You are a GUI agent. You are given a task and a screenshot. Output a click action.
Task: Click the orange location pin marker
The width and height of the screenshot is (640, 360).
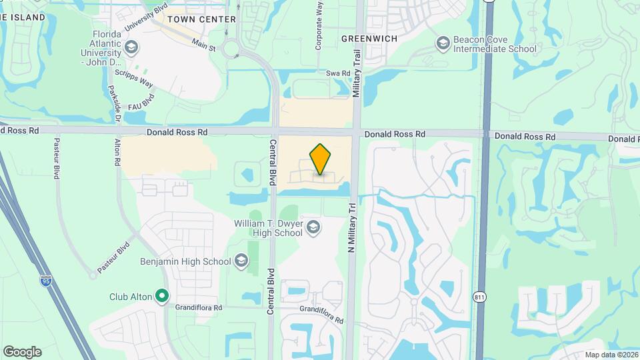(x=321, y=159)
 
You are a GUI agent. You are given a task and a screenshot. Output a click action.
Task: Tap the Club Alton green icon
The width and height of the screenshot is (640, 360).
(x=161, y=295)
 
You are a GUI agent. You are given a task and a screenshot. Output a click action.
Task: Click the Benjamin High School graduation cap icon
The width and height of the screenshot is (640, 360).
(x=241, y=261)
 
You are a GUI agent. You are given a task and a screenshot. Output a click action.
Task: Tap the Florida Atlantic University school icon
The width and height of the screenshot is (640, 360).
(x=131, y=47)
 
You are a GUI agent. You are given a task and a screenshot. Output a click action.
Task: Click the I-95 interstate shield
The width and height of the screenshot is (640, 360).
(x=45, y=281)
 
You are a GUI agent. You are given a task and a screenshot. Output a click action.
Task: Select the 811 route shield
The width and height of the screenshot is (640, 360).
(x=480, y=297)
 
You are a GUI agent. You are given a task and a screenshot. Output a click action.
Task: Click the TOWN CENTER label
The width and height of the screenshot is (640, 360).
(x=201, y=19)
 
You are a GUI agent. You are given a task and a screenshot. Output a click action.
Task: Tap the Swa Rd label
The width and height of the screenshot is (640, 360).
(x=338, y=73)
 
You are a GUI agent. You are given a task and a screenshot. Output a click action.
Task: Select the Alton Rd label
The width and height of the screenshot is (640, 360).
(x=117, y=152)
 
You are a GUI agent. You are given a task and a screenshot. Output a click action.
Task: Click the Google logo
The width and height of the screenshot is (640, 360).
(x=22, y=352)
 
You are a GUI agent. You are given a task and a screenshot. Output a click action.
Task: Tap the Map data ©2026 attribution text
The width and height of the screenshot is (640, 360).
(x=610, y=355)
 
